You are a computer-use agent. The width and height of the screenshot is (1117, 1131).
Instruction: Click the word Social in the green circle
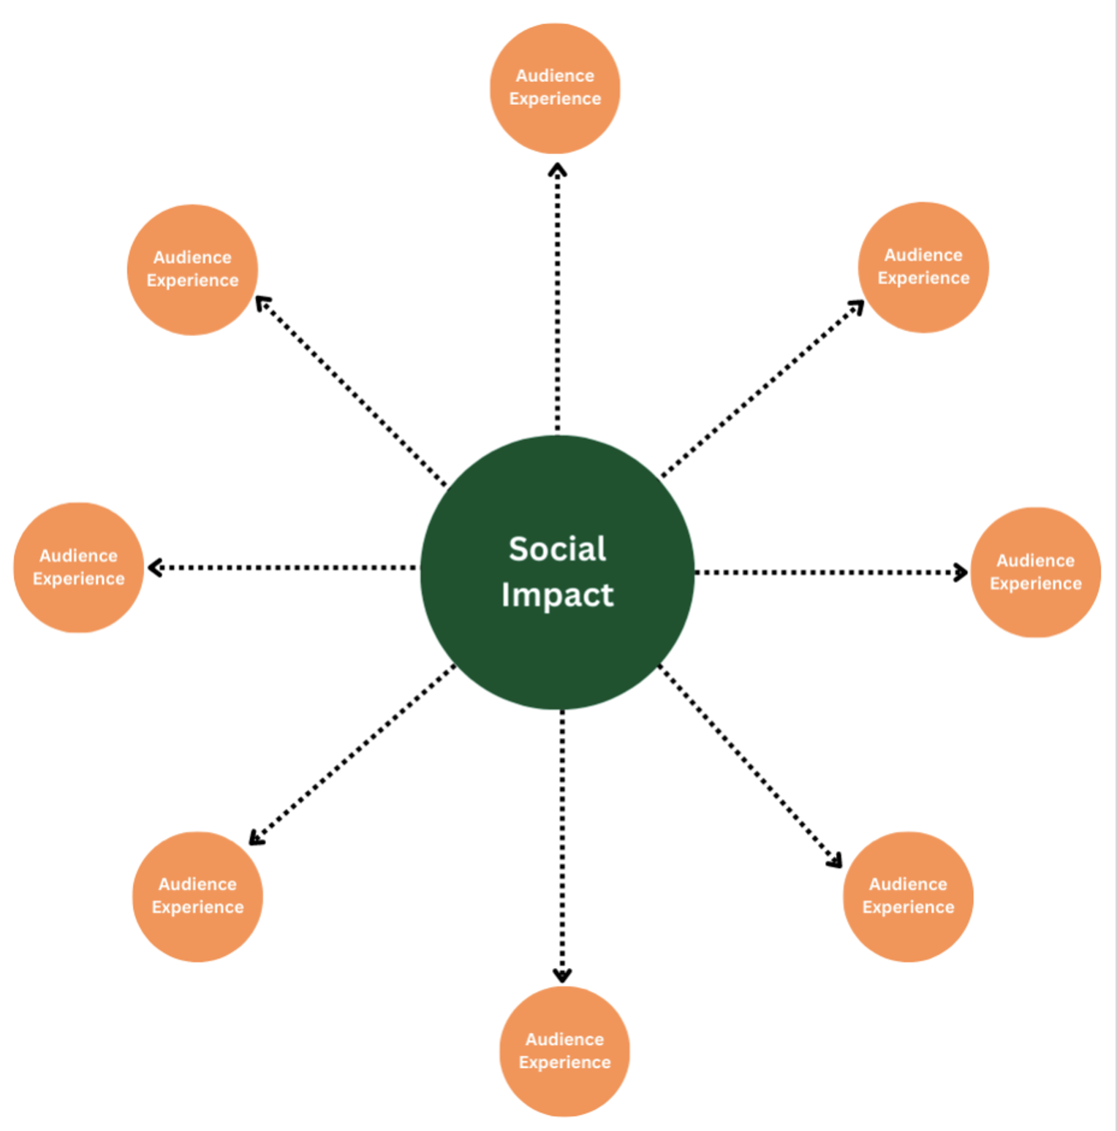557,549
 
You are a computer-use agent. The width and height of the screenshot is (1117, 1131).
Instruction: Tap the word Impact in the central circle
557,595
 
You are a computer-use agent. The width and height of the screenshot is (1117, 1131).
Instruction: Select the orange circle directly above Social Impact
555,88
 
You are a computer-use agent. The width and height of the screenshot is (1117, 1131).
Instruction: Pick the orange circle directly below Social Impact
564,1051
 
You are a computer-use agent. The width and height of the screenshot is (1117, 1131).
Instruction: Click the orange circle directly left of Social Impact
79,567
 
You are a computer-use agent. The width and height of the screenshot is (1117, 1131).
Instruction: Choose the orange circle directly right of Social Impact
1035,572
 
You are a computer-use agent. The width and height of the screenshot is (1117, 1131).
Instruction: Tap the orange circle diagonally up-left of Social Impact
192,270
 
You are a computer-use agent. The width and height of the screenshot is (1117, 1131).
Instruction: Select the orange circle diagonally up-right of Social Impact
923,267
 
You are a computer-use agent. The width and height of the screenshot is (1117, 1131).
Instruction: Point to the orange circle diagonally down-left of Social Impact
197,896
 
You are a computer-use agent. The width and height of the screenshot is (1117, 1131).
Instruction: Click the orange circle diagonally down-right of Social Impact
908,896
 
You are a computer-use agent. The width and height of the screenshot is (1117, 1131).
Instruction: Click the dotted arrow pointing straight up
558,300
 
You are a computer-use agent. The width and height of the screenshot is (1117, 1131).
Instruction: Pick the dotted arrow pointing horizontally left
285,567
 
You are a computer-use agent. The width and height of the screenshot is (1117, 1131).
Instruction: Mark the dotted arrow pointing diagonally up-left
351,391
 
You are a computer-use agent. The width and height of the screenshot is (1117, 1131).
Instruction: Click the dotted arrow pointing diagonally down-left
351,756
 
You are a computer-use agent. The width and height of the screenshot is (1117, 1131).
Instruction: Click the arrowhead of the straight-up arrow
558,170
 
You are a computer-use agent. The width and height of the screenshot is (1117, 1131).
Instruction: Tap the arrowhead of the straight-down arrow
562,975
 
